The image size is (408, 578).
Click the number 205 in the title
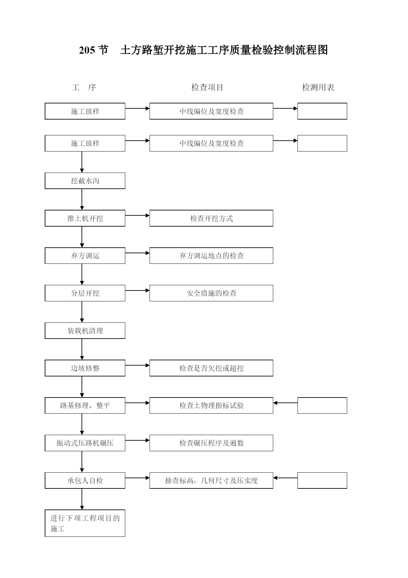(87, 50)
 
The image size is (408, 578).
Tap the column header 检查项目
(207, 87)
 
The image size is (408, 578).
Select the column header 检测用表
(318, 87)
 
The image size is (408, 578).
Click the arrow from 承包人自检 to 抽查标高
(137, 478)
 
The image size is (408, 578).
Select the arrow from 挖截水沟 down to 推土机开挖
(82, 200)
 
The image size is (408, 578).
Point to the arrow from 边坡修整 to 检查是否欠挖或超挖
(137, 365)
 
